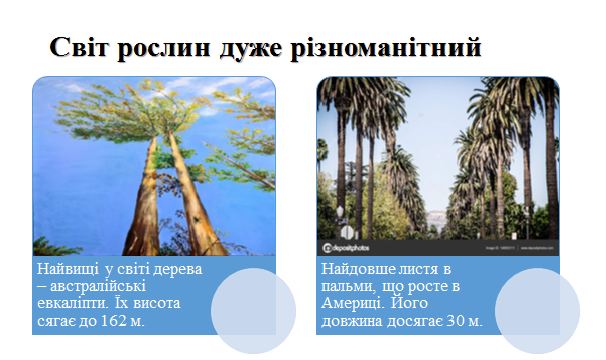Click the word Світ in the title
pyautogui.click(x=79, y=47)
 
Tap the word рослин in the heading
pyautogui.click(x=164, y=49)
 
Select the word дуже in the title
pyautogui.click(x=251, y=49)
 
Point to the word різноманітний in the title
pyautogui.click(x=386, y=48)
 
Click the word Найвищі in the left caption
pyautogui.click(x=68, y=269)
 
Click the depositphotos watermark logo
pyautogui.click(x=346, y=248)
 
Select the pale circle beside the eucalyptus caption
pyautogui.click(x=254, y=311)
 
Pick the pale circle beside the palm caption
pyautogui.click(x=537, y=311)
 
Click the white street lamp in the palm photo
pyautogui.click(x=340, y=212)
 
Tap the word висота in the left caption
pyautogui.click(x=157, y=303)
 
